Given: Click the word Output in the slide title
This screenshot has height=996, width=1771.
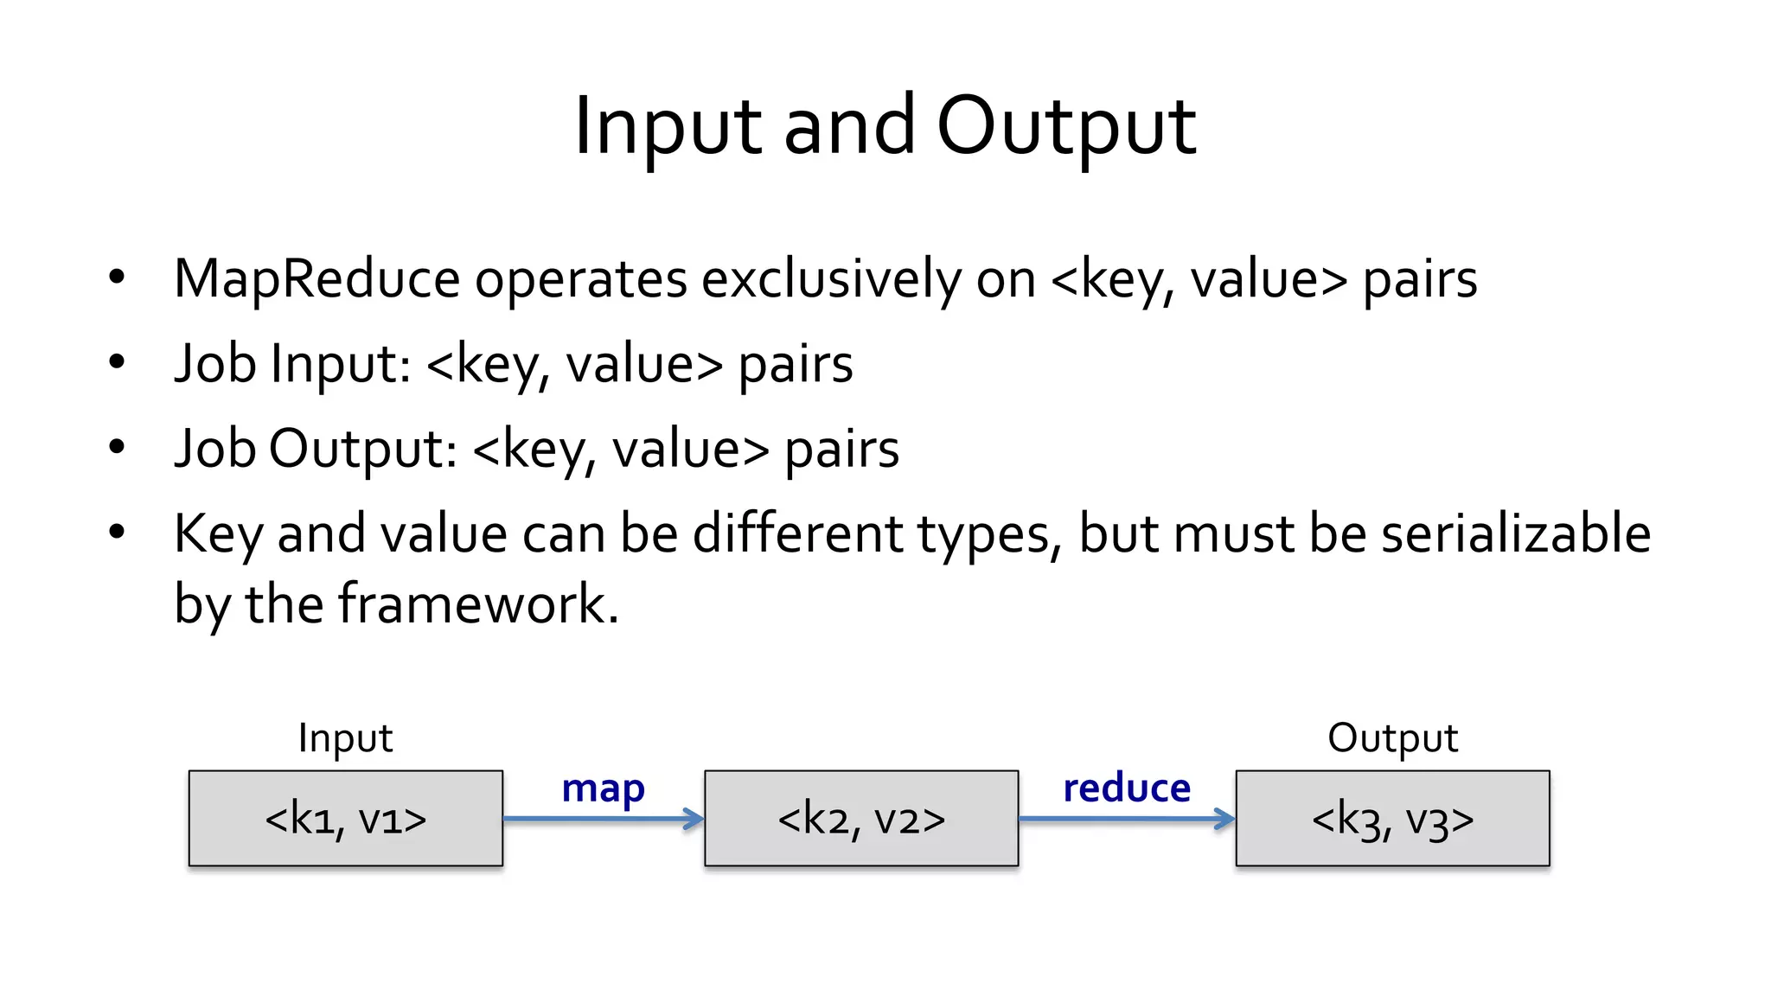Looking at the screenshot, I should coord(1066,127).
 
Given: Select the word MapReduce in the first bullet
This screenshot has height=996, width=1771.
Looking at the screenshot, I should coord(316,279).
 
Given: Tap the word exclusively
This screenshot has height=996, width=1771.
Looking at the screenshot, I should coord(830,279).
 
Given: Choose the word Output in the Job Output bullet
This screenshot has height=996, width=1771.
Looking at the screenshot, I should coord(362,448).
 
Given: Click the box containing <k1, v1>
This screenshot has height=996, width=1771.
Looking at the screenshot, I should coord(345,818).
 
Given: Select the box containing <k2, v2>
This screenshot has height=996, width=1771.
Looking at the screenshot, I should coord(861,818).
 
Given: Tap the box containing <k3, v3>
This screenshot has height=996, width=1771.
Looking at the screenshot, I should coord(1392,818).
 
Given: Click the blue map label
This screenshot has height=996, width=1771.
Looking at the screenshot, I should coord(603,788).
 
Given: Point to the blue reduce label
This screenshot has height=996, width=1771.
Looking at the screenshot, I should coord(1126,788).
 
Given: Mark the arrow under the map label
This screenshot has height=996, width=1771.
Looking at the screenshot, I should coord(603,819).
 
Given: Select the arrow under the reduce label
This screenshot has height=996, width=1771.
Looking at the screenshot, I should coord(1126,819).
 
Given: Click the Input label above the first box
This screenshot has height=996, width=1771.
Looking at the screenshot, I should coord(345,738).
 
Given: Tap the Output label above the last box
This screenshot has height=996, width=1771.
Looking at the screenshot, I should coord(1392,738).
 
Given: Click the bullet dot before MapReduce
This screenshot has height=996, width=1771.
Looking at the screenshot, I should coord(117,278).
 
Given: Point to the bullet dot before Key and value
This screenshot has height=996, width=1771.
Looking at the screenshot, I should coord(117,532).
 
